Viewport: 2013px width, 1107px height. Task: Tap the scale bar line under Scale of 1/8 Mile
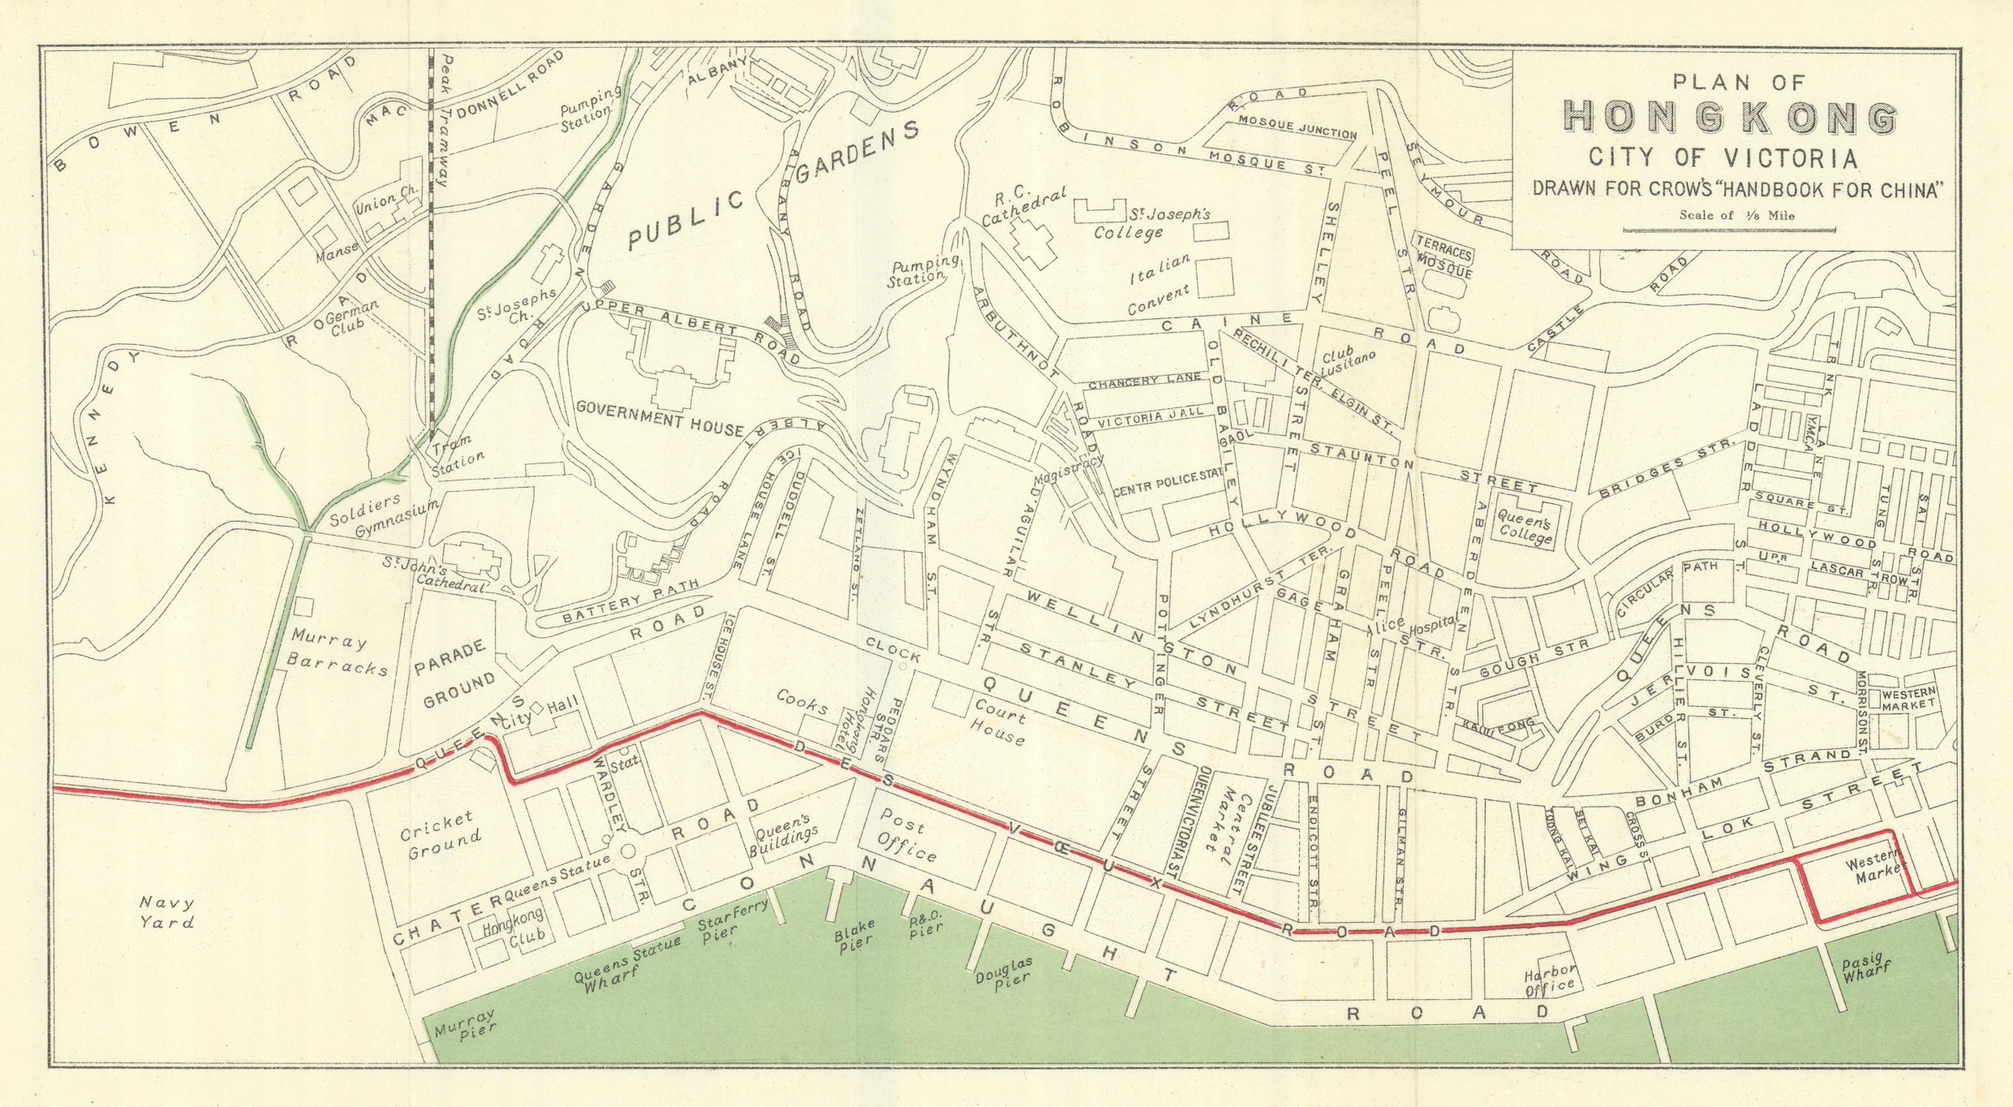(x=1729, y=230)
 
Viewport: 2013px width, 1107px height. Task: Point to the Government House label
(x=658, y=416)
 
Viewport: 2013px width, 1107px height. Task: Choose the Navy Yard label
(x=166, y=912)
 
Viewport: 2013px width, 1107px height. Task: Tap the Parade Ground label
(x=454, y=674)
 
